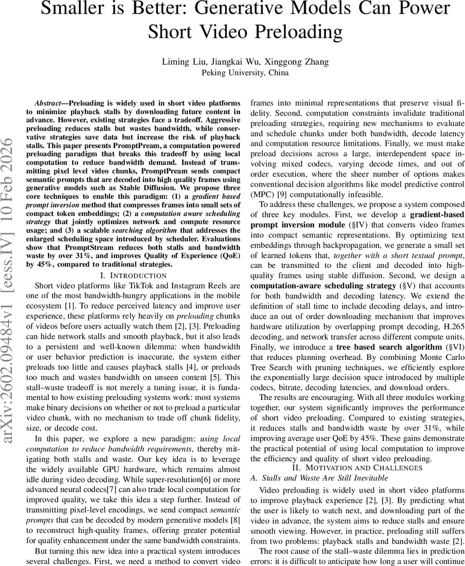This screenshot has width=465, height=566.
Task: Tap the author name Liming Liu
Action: (182, 62)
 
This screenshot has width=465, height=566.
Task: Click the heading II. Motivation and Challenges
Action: (357, 467)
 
